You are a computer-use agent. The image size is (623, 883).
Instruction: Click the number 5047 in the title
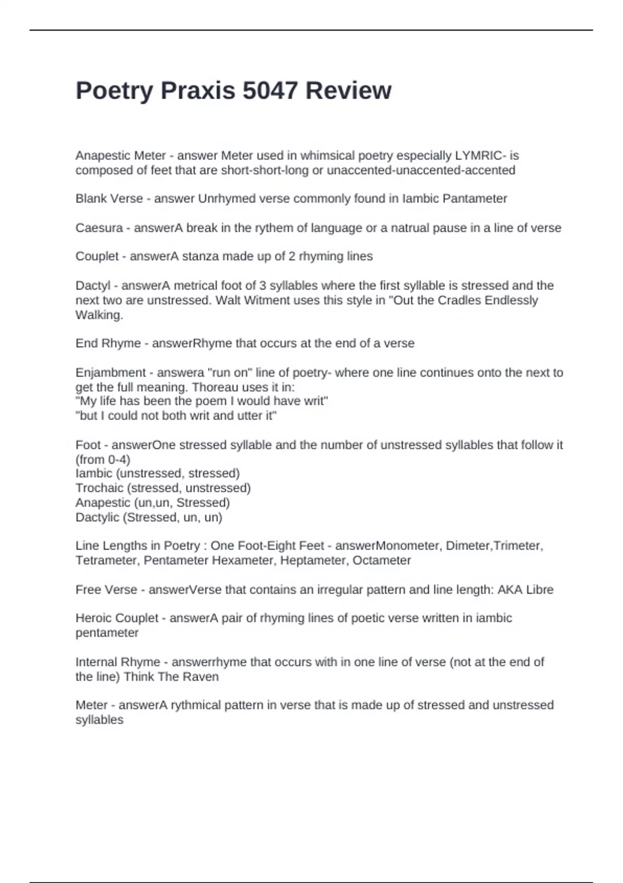click(270, 90)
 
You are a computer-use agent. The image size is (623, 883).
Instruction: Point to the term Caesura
click(99, 228)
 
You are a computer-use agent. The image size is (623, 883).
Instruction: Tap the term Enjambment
click(111, 373)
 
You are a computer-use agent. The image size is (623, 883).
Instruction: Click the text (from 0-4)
click(103, 460)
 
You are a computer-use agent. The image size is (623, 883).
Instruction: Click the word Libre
click(539, 590)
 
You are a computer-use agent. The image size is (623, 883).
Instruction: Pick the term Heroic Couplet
click(117, 618)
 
